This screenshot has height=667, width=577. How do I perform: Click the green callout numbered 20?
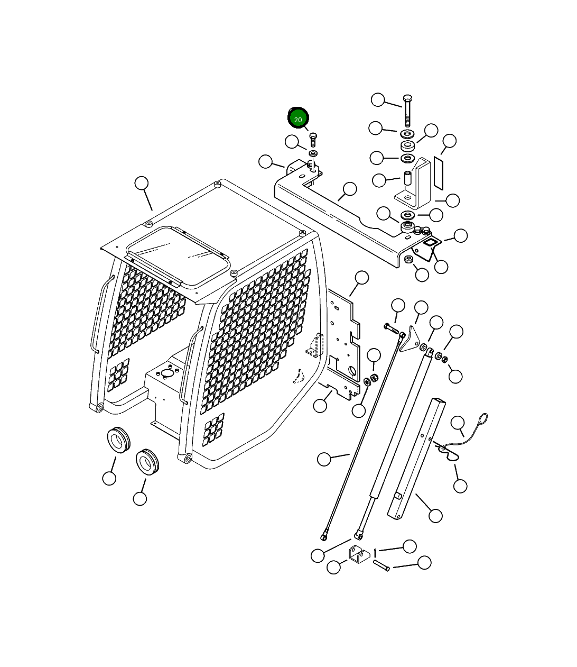pyautogui.click(x=298, y=118)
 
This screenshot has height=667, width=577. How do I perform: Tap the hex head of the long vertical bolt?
pyautogui.click(x=407, y=98)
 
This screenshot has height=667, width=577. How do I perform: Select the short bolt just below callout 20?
pyautogui.click(x=313, y=140)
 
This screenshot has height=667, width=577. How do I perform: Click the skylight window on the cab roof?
pyautogui.click(x=178, y=256)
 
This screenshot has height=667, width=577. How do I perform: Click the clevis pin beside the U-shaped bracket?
pyautogui.click(x=381, y=565)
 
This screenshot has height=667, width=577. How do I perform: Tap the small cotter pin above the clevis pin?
pyautogui.click(x=376, y=552)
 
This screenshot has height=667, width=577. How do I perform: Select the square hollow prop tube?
pyautogui.click(x=416, y=459)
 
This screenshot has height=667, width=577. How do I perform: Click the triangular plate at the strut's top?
pyautogui.click(x=410, y=340)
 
